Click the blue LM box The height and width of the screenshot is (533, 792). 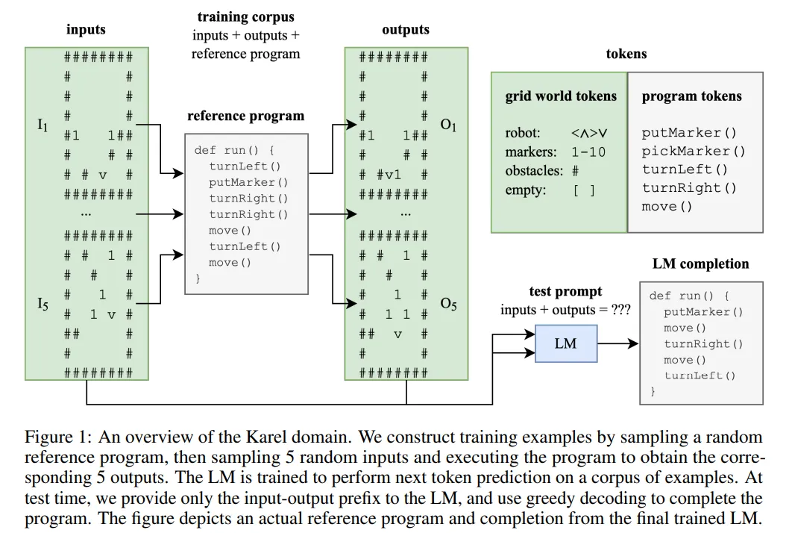[566, 343]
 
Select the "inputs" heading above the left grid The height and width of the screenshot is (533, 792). [86, 30]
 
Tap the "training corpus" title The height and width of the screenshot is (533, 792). [245, 16]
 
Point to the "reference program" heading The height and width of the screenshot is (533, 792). [245, 116]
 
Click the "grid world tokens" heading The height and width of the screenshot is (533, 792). [561, 96]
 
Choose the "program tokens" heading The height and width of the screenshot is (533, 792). [691, 96]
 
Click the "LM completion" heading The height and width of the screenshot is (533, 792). [700, 264]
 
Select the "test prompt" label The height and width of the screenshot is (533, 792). [565, 292]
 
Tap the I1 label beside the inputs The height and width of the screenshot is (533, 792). [43, 125]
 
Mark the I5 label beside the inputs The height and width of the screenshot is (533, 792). [43, 304]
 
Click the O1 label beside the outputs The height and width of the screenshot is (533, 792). [448, 125]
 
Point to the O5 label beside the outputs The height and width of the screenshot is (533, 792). [448, 304]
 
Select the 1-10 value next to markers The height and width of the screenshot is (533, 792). [588, 152]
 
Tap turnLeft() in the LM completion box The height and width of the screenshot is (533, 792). [699, 375]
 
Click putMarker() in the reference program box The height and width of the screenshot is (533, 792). [248, 182]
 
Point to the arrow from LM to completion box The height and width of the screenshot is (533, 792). [617, 343]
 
